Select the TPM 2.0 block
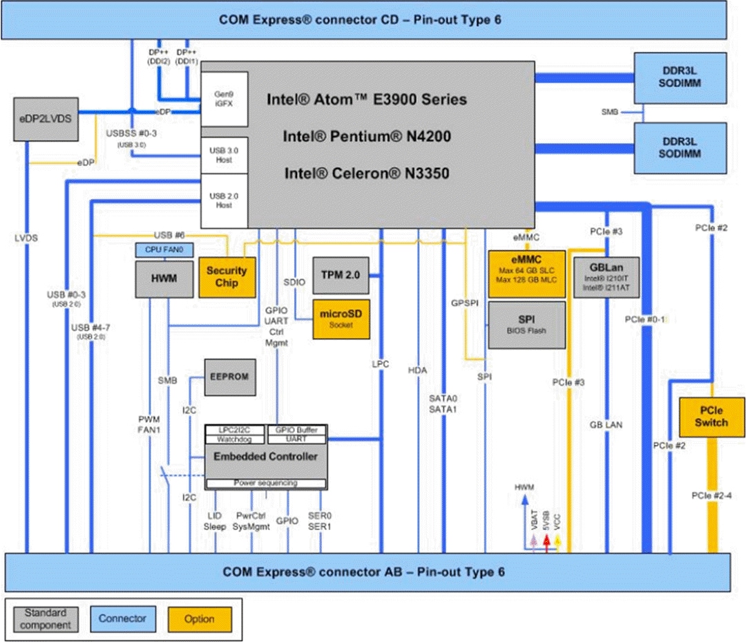pyautogui.click(x=341, y=274)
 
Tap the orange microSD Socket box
pyautogui.click(x=341, y=319)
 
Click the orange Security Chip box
pyautogui.click(x=226, y=277)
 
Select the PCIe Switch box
pyautogui.click(x=711, y=417)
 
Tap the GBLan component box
pyautogui.click(x=606, y=276)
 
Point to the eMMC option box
pyautogui.click(x=527, y=274)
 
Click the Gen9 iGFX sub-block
pyautogui.click(x=224, y=98)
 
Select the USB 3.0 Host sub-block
pyautogui.click(x=224, y=155)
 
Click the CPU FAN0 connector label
pyautogui.click(x=164, y=249)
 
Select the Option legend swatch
pyautogui.click(x=200, y=619)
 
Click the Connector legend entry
pyautogui.click(x=122, y=619)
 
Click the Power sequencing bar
pyautogui.click(x=266, y=482)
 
